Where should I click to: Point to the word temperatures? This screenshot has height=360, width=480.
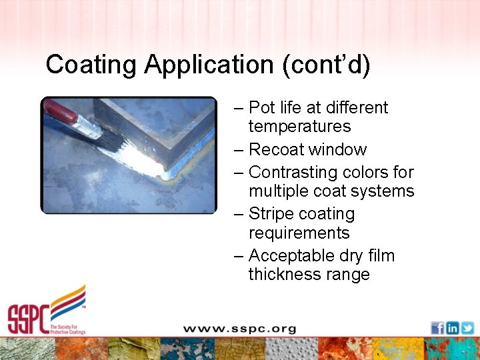pyautogui.click(x=299, y=127)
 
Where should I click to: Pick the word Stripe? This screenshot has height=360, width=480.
pyautogui.click(x=273, y=214)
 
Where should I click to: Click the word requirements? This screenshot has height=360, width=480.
pyautogui.click(x=299, y=233)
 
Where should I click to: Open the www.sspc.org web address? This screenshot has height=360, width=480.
pyautogui.click(x=239, y=329)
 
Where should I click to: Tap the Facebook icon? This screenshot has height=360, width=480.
pyautogui.click(x=437, y=328)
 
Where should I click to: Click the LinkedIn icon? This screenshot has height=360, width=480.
pyautogui.click(x=453, y=328)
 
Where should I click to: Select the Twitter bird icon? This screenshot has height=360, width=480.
pyautogui.click(x=467, y=328)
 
